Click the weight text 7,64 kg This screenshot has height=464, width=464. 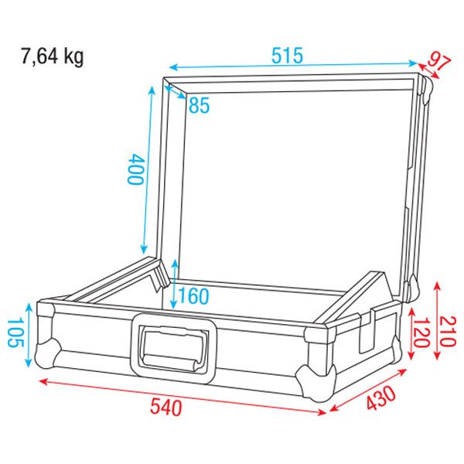tap(52, 56)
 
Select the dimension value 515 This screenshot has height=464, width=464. tap(287, 56)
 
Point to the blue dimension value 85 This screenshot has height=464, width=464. tap(199, 105)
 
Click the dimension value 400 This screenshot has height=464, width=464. tap(135, 168)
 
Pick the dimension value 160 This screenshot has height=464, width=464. tap(193, 295)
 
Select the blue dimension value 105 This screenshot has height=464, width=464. tap(14, 332)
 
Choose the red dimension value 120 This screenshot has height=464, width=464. tap(419, 331)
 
